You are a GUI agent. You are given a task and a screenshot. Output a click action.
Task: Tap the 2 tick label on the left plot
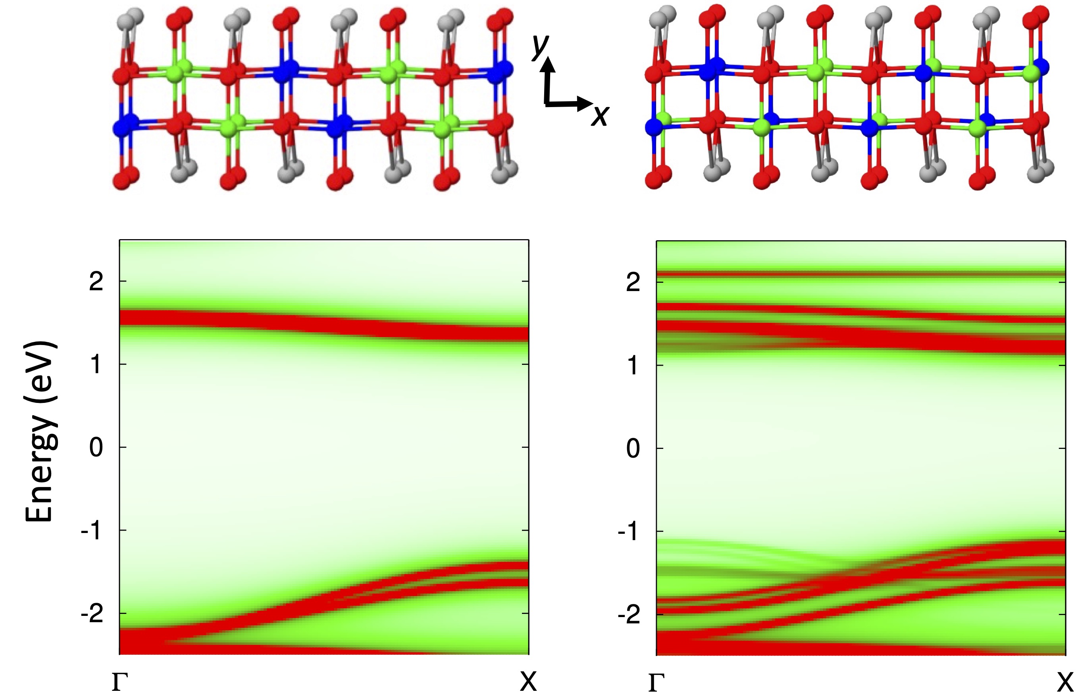point(96,282)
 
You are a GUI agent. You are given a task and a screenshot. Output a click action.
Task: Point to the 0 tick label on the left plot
point(96,447)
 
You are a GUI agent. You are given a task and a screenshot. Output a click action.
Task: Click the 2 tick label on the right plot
point(633,282)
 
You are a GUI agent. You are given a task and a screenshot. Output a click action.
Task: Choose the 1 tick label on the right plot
point(633,365)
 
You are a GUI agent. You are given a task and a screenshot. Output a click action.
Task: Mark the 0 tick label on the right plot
point(633,449)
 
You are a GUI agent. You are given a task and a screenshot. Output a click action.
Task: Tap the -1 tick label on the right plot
point(629,532)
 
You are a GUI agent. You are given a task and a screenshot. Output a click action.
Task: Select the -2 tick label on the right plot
point(629,615)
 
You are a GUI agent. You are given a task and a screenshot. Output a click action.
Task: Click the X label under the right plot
point(1065,682)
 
